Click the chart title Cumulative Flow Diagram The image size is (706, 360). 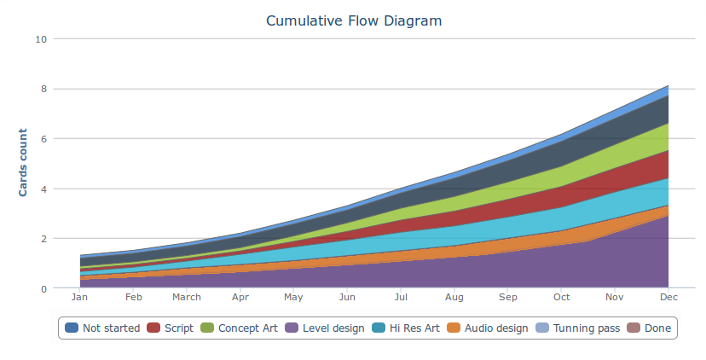point(354,20)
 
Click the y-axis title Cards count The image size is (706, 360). point(23,162)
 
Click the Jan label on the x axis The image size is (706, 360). point(79,298)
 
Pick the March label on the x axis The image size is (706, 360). point(187,298)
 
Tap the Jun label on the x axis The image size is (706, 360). point(347,298)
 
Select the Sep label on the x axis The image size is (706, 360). point(508,298)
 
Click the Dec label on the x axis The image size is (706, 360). point(668,298)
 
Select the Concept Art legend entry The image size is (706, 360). point(240,328)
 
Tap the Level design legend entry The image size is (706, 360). point(323,328)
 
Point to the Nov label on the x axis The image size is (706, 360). point(615,298)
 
